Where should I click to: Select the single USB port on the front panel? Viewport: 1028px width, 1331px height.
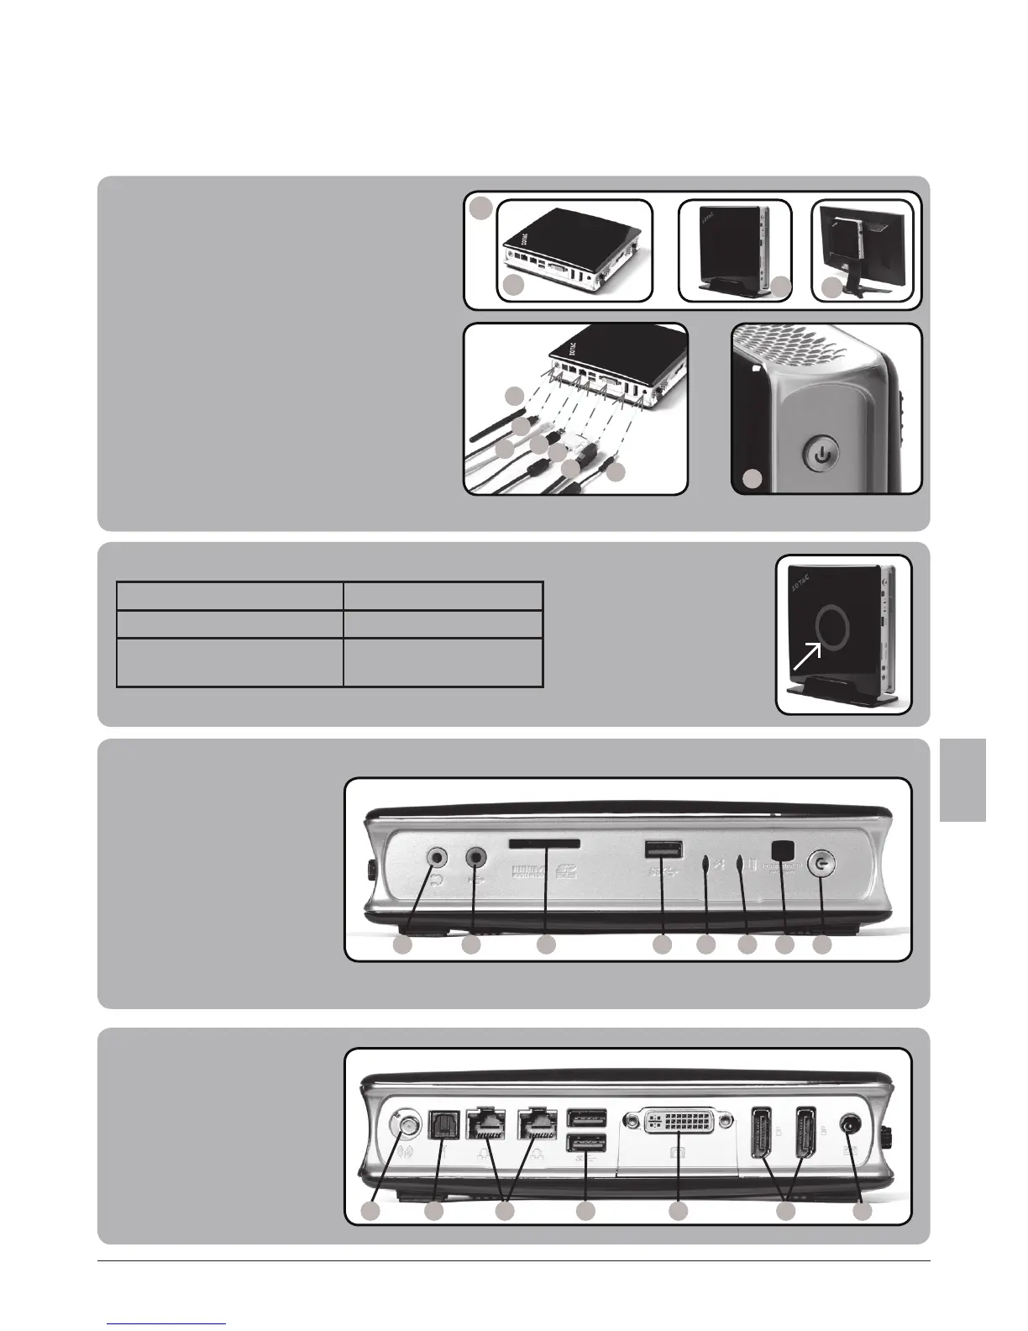pyautogui.click(x=663, y=850)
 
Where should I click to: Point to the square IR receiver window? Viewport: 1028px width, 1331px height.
pyautogui.click(x=783, y=850)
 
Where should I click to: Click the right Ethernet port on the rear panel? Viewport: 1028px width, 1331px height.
pyautogui.click(x=534, y=1123)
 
